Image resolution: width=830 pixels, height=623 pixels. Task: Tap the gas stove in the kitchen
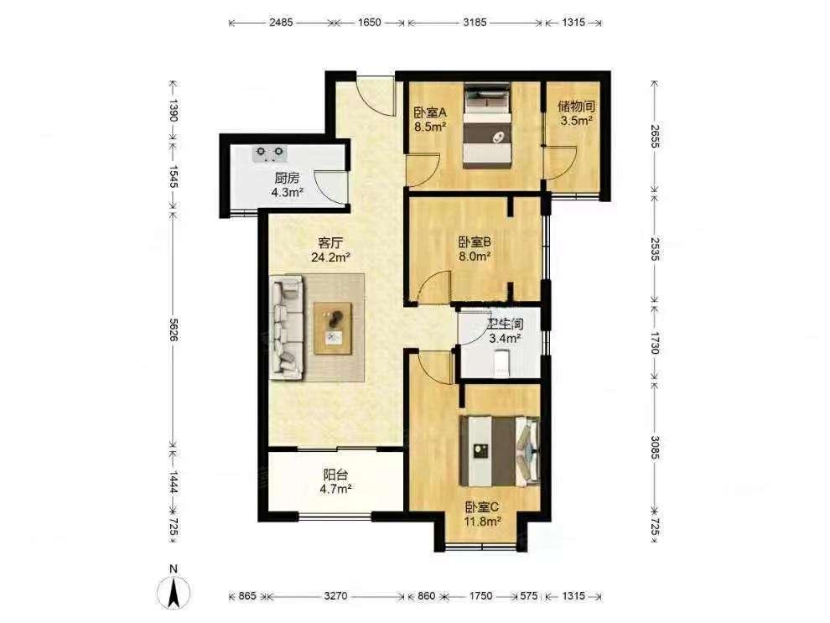(x=270, y=153)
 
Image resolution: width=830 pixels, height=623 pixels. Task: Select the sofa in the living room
(x=287, y=328)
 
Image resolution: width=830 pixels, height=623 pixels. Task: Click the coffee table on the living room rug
(x=333, y=328)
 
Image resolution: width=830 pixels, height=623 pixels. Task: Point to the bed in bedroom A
(x=487, y=126)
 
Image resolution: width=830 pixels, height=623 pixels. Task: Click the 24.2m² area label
(x=331, y=257)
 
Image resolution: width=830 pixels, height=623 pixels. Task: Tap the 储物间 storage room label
(x=576, y=106)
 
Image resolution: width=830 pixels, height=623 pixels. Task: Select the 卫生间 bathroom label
(x=506, y=323)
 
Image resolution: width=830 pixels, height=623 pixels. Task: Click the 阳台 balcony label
(x=335, y=475)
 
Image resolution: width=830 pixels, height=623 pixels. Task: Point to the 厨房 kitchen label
(x=287, y=178)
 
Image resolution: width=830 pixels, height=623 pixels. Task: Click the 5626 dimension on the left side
(x=173, y=330)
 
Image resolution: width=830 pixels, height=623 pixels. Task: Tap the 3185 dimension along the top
(x=475, y=23)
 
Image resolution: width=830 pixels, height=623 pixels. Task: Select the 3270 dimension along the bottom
(x=335, y=596)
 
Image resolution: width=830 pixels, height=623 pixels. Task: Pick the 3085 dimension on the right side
(x=656, y=448)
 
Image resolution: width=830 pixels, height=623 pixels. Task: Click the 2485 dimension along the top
(x=281, y=23)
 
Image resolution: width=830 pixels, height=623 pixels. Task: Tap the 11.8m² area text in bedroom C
(x=483, y=522)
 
